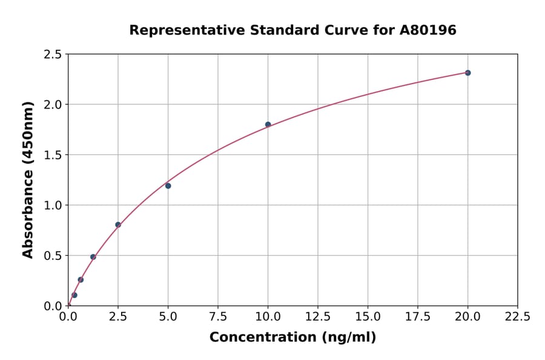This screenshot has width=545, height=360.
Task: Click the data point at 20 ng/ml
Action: (467, 73)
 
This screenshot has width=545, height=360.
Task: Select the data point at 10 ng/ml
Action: (268, 124)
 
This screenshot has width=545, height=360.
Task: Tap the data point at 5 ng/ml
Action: (168, 185)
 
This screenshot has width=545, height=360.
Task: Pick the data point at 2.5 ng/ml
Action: (118, 225)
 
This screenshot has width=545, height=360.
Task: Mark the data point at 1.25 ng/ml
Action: (93, 257)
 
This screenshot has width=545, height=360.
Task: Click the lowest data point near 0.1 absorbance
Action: (74, 295)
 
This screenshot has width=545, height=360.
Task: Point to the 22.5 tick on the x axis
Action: (517, 317)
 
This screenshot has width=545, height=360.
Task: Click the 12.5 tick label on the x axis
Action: (318, 317)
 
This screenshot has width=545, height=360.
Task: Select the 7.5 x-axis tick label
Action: (218, 317)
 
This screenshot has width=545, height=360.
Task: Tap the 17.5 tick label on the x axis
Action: (418, 317)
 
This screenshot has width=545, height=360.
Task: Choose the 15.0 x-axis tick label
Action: (368, 317)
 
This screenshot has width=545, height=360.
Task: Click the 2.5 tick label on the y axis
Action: (52, 55)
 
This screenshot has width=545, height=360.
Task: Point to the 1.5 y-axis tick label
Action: (52, 155)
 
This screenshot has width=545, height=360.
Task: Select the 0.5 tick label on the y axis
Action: (52, 256)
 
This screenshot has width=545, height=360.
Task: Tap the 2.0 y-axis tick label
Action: (52, 105)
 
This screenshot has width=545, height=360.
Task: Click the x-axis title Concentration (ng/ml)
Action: (292, 338)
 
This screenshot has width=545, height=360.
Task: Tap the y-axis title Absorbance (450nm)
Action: (28, 180)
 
